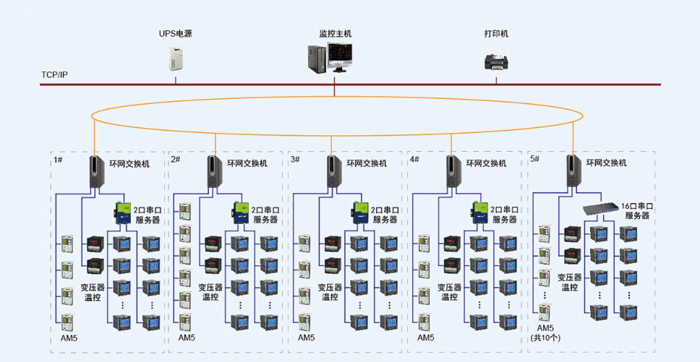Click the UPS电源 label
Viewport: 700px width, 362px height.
click(x=176, y=34)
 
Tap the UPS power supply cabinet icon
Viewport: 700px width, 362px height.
click(x=176, y=58)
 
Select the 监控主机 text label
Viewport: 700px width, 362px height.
click(x=335, y=34)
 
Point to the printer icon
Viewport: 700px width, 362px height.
click(x=496, y=61)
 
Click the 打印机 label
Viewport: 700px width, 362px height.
click(x=496, y=34)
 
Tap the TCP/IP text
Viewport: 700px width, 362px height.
click(x=54, y=74)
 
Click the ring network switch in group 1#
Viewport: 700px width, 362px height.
click(x=96, y=171)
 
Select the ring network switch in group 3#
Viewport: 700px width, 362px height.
click(x=334, y=171)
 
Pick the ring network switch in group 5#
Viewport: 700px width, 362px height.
click(x=573, y=171)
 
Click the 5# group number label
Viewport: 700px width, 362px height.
click(x=535, y=159)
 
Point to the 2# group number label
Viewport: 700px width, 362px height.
click(x=176, y=159)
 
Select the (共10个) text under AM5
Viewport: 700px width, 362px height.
click(x=545, y=338)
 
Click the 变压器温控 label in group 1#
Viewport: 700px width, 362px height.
click(x=92, y=292)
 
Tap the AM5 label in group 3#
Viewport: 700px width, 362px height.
click(x=307, y=337)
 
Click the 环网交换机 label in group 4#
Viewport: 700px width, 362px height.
click(x=486, y=163)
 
